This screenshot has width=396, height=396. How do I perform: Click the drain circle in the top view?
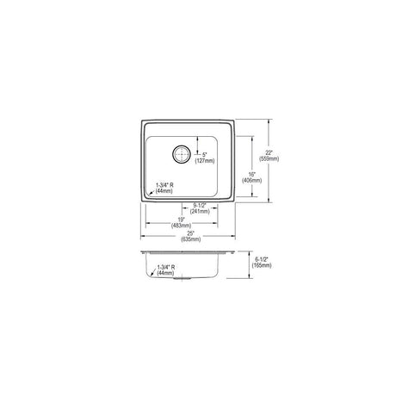182,154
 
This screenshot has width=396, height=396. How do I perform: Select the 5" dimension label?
204,155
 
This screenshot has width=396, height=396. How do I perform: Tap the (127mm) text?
205,161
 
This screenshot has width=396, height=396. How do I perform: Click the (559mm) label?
269,158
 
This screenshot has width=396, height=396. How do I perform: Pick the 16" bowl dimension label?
251,174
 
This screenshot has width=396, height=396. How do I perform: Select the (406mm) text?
251,180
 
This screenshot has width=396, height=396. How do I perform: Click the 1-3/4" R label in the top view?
164,185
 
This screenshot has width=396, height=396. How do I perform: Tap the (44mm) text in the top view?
164,191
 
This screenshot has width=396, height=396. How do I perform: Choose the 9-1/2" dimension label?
200,206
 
